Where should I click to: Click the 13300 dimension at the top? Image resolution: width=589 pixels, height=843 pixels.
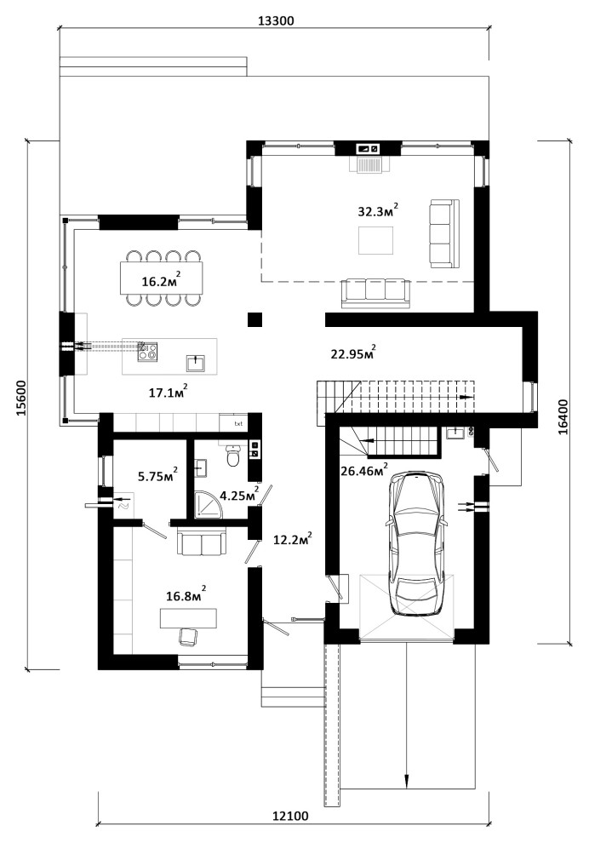(276, 21)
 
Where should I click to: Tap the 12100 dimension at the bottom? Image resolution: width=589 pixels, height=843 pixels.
(290, 816)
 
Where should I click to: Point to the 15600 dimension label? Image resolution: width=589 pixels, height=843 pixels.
(21, 399)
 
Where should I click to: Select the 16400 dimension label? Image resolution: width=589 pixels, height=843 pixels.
(563, 416)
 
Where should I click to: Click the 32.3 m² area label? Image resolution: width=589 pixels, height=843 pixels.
(378, 209)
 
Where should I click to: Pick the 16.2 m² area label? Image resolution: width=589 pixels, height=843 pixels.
(161, 280)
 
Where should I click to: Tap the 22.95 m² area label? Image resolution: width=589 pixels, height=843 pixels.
(353, 353)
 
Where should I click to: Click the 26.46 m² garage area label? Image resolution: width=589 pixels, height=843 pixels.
(363, 470)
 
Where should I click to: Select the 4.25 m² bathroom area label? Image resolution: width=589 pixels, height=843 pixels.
(237, 494)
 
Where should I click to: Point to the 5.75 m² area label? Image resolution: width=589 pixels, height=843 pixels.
(157, 475)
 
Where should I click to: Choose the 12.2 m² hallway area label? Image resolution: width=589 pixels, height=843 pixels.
(293, 539)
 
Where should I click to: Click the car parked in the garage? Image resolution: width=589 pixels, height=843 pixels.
(416, 543)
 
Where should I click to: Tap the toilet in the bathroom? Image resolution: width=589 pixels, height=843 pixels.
(232, 456)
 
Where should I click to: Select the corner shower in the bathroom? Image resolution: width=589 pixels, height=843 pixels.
(208, 505)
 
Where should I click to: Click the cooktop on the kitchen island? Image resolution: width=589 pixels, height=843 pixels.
(147, 352)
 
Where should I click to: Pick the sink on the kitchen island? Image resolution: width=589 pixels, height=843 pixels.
(196, 363)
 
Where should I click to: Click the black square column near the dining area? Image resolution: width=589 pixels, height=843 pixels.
(254, 319)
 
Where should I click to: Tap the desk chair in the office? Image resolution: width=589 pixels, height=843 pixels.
(187, 637)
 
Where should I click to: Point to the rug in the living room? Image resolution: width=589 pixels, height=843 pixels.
(375, 240)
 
